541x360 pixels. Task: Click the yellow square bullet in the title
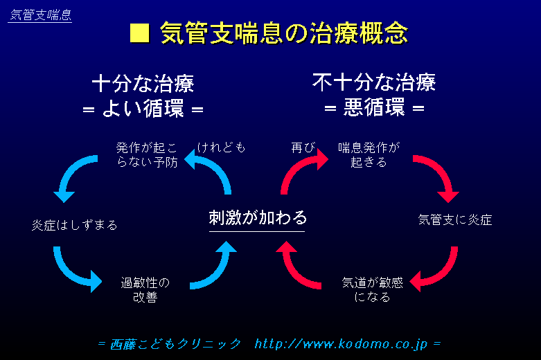click(140, 33)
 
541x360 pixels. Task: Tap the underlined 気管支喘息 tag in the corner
click(40, 15)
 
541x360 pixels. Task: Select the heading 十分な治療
click(143, 84)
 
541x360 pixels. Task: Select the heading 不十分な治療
click(374, 84)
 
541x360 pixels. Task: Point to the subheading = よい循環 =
click(143, 109)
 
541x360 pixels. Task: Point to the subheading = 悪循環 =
click(374, 109)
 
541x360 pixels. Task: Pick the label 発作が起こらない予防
click(147, 155)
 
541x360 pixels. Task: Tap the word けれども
click(222, 147)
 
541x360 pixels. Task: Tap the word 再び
click(303, 147)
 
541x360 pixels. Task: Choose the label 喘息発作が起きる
click(369, 155)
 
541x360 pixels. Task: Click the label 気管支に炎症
click(455, 220)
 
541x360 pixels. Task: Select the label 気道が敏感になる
click(372, 289)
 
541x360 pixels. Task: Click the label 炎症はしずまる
click(75, 225)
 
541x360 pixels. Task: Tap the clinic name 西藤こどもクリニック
click(176, 343)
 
